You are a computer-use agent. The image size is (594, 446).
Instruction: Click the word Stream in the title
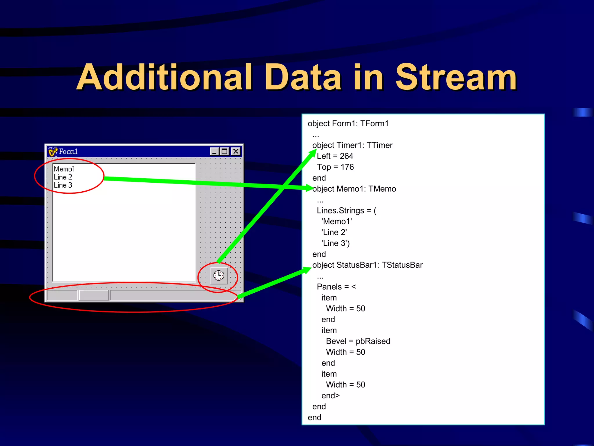coord(456,78)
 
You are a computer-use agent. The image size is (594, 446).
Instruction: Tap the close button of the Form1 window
coord(236,151)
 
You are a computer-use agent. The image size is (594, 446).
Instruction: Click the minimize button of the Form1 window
coord(214,152)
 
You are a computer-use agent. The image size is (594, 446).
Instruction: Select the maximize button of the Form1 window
coord(225,152)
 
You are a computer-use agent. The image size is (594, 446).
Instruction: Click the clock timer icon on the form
coord(219,275)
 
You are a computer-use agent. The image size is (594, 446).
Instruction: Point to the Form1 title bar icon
coord(53,152)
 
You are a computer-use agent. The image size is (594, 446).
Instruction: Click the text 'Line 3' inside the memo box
coord(63,185)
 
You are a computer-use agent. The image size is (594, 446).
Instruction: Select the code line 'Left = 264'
coord(335,156)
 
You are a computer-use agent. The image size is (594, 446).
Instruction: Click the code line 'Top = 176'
coord(335,167)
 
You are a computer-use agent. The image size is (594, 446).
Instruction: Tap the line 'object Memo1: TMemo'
coord(354,189)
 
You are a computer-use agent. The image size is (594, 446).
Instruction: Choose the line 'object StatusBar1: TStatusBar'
coord(367,265)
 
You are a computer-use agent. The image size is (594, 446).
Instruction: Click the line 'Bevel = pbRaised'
coord(358,341)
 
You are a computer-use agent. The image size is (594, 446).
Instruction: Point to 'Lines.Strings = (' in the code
coord(346,211)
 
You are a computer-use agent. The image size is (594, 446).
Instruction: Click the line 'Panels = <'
coord(336,287)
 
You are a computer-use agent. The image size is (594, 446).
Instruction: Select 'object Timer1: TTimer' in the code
coord(352,145)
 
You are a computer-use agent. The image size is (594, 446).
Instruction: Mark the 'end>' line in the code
coord(330,396)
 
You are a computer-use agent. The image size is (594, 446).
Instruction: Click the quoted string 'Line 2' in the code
coord(334,232)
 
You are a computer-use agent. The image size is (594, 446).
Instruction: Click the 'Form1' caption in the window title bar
coord(68,152)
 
